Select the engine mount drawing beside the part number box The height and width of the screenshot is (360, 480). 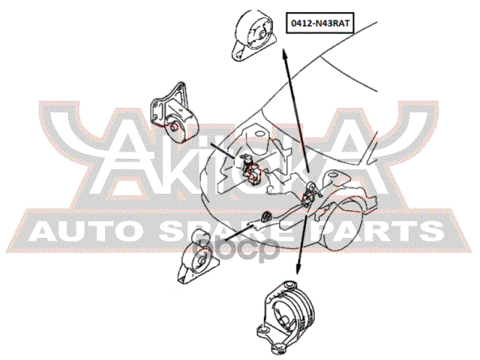tap(254, 36)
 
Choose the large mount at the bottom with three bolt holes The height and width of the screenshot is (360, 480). tap(288, 316)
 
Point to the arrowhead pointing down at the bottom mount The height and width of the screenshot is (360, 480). tap(298, 269)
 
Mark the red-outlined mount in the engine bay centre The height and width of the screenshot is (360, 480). tap(250, 169)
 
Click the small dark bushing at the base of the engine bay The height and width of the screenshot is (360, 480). tap(265, 216)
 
